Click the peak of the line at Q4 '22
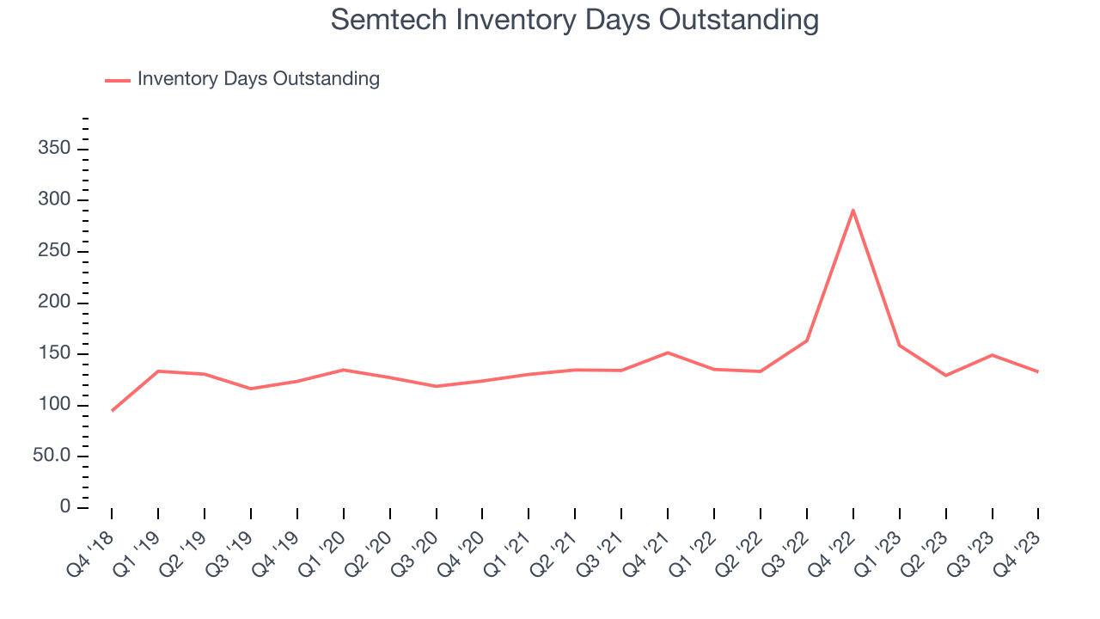coord(852,210)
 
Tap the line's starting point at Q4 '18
coord(112,411)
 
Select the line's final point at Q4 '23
coord(1037,371)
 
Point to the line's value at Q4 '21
coord(668,352)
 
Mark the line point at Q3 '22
coord(806,340)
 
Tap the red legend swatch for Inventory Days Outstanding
coord(117,80)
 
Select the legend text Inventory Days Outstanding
coord(258,79)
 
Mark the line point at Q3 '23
coord(992,355)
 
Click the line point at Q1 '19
coord(158,371)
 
